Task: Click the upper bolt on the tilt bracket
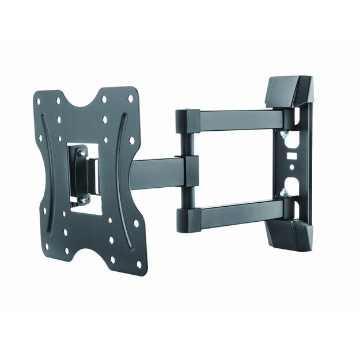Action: coord(82,153)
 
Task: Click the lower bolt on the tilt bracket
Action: coord(82,199)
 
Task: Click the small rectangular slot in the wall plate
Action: coord(291,154)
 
